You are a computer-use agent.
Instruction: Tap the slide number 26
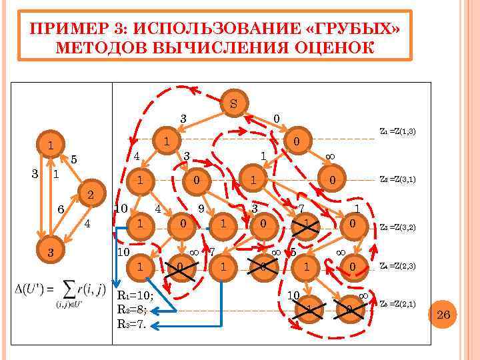443,313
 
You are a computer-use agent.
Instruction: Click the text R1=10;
137,297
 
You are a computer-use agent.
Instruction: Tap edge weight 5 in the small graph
74,159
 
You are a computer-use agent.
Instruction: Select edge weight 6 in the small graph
61,209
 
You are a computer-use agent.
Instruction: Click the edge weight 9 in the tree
201,207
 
